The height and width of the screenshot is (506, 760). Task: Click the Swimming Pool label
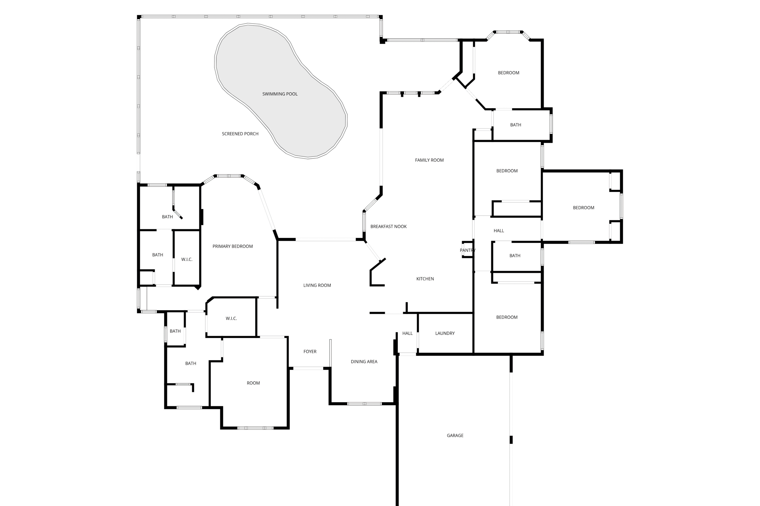[x=280, y=94]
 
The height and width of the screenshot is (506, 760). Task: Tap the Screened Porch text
[x=240, y=134]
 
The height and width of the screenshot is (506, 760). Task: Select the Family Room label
[x=429, y=160]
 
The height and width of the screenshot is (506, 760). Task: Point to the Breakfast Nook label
[x=388, y=226]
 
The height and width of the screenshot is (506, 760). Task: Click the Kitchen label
[x=425, y=279]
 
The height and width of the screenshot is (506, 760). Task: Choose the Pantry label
[x=467, y=250]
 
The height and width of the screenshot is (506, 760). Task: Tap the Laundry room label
[x=445, y=333]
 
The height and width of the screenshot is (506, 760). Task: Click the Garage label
[x=455, y=436]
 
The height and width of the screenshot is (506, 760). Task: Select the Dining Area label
[x=364, y=362]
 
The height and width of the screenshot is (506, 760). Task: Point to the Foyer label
[x=310, y=351]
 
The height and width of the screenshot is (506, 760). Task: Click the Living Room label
[x=317, y=285]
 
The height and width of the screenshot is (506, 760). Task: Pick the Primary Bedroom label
[x=232, y=247]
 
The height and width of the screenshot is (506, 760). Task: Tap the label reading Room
[x=253, y=383]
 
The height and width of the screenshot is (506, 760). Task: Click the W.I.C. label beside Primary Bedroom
[x=187, y=259]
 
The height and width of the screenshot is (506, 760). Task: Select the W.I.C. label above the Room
[x=231, y=318]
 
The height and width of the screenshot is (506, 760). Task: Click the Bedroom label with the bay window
[x=508, y=73]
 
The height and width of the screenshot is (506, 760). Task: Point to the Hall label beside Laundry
[x=407, y=333]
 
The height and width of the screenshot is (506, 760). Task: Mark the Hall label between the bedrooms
[x=499, y=231]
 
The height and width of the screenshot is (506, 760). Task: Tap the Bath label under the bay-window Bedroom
[x=515, y=125]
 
